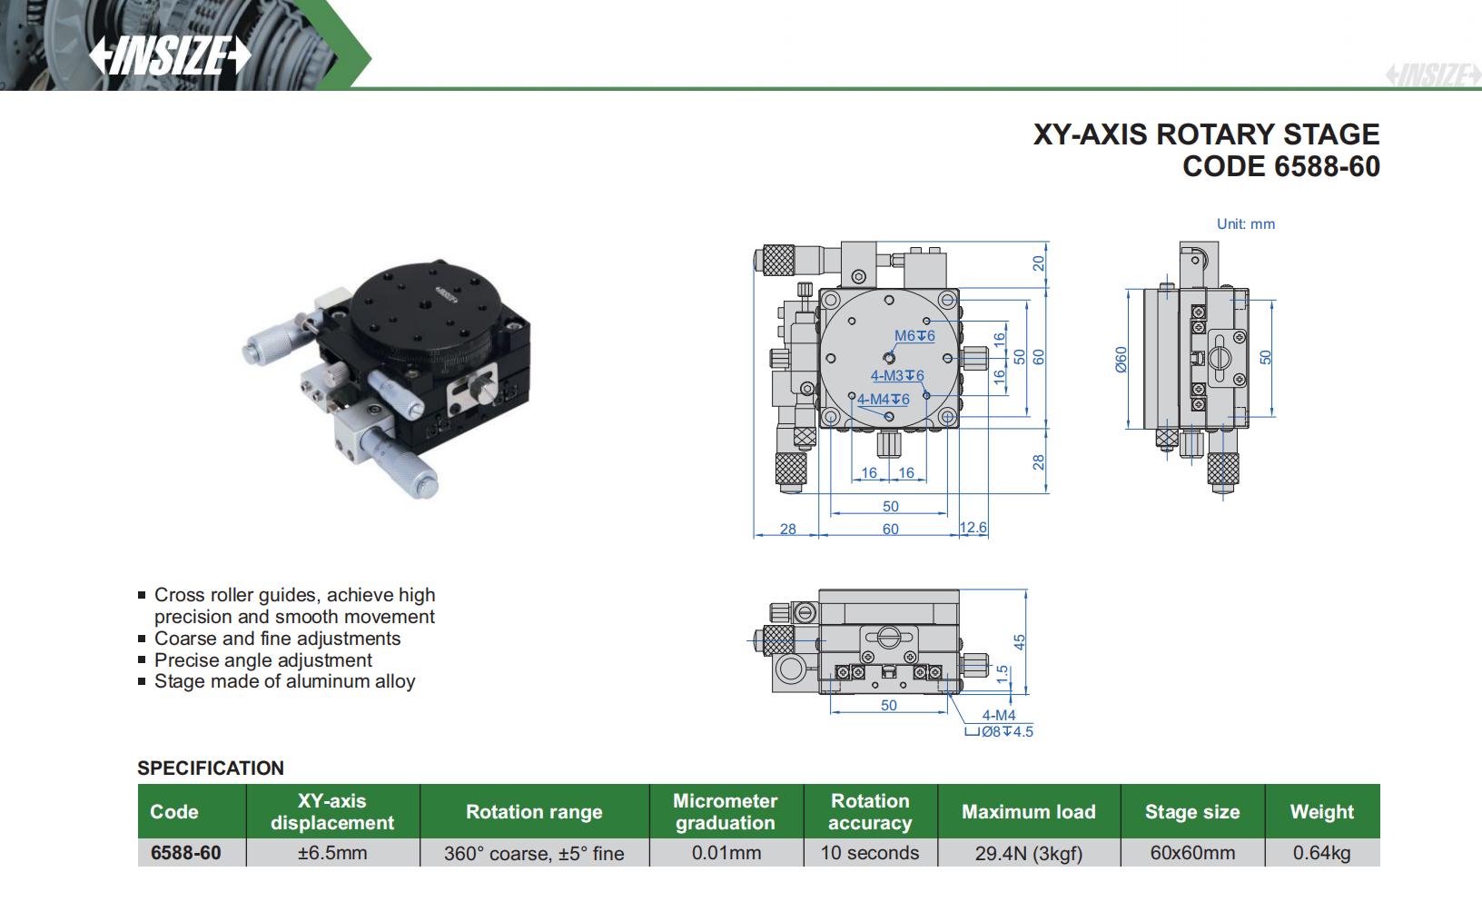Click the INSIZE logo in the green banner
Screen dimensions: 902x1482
click(169, 56)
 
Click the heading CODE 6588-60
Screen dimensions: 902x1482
click(1280, 166)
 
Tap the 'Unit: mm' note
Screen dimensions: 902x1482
click(1245, 224)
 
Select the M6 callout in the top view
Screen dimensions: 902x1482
click(914, 336)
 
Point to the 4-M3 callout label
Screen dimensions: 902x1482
click(896, 376)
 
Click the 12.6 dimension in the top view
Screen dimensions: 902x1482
click(973, 528)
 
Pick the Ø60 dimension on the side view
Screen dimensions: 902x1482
click(1121, 360)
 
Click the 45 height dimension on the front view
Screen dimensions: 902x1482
click(1019, 641)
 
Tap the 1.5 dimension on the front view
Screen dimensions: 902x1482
click(1002, 673)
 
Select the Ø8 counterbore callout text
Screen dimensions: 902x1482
click(1000, 731)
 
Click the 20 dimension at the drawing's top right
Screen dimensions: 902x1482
click(1039, 263)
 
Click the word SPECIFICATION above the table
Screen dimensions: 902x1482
click(211, 768)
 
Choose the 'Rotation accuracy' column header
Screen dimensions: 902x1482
click(870, 812)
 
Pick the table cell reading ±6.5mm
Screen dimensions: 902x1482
click(332, 853)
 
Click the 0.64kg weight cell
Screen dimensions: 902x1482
click(1321, 853)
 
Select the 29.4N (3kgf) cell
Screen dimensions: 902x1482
click(1028, 853)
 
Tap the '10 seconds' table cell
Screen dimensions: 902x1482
click(870, 853)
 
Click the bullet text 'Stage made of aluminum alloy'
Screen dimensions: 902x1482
click(284, 681)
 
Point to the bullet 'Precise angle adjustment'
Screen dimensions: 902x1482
click(263, 660)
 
